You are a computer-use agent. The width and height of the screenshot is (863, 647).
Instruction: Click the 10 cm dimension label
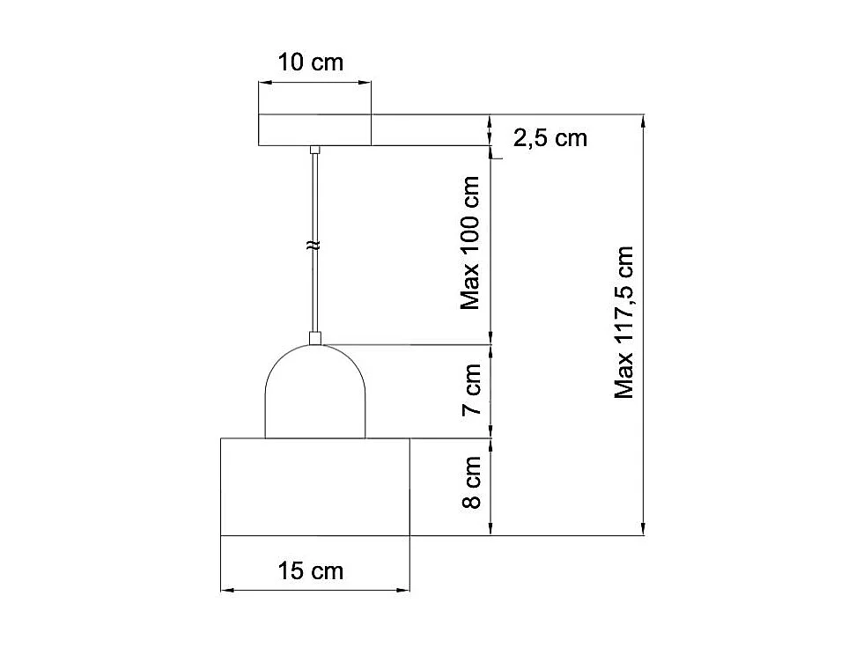pos(310,62)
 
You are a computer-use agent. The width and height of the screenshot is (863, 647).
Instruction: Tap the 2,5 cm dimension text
pos(550,137)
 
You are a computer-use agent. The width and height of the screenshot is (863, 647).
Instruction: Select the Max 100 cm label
pos(470,243)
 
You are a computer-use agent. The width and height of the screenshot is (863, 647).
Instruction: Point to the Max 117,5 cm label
pos(624,322)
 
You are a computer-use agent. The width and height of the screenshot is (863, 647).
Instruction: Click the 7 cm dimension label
pos(472,389)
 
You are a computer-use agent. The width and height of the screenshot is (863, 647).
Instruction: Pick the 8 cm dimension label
pos(472,482)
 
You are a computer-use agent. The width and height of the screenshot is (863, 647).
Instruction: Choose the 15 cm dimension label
pos(310,570)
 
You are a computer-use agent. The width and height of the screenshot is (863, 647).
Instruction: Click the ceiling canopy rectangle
pos(315,130)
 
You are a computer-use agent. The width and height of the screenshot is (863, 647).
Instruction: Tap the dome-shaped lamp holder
pos(315,391)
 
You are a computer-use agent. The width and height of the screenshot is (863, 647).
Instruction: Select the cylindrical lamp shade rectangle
pos(315,487)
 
